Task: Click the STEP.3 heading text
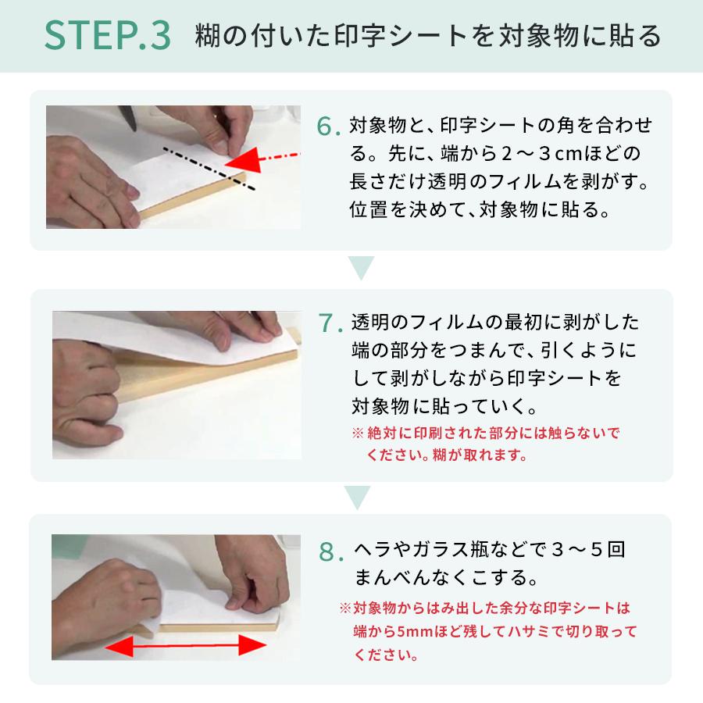click(108, 35)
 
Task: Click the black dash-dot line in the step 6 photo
click(209, 169)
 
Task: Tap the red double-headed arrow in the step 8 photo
click(186, 646)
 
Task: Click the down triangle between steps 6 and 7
click(361, 268)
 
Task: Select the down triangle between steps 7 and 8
click(357, 498)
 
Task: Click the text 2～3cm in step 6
click(541, 154)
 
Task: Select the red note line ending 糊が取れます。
click(448, 455)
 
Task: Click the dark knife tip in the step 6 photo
click(133, 127)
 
